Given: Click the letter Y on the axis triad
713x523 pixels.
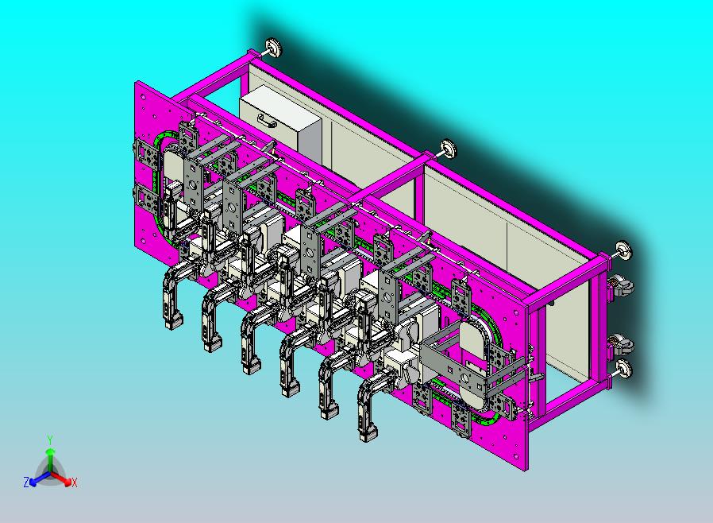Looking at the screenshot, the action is coord(51,440).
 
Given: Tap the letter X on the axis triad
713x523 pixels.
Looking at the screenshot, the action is coord(75,482).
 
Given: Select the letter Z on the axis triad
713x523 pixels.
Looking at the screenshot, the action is coord(26,482).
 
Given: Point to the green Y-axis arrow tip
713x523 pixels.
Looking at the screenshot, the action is coord(51,451).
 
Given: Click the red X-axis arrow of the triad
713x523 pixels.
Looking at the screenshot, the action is coord(61,478).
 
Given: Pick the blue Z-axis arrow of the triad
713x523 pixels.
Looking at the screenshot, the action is coord(40,478).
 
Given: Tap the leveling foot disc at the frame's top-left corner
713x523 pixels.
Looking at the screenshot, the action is coord(273,48).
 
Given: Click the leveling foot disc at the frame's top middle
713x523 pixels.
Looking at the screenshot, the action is coord(449,149).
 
